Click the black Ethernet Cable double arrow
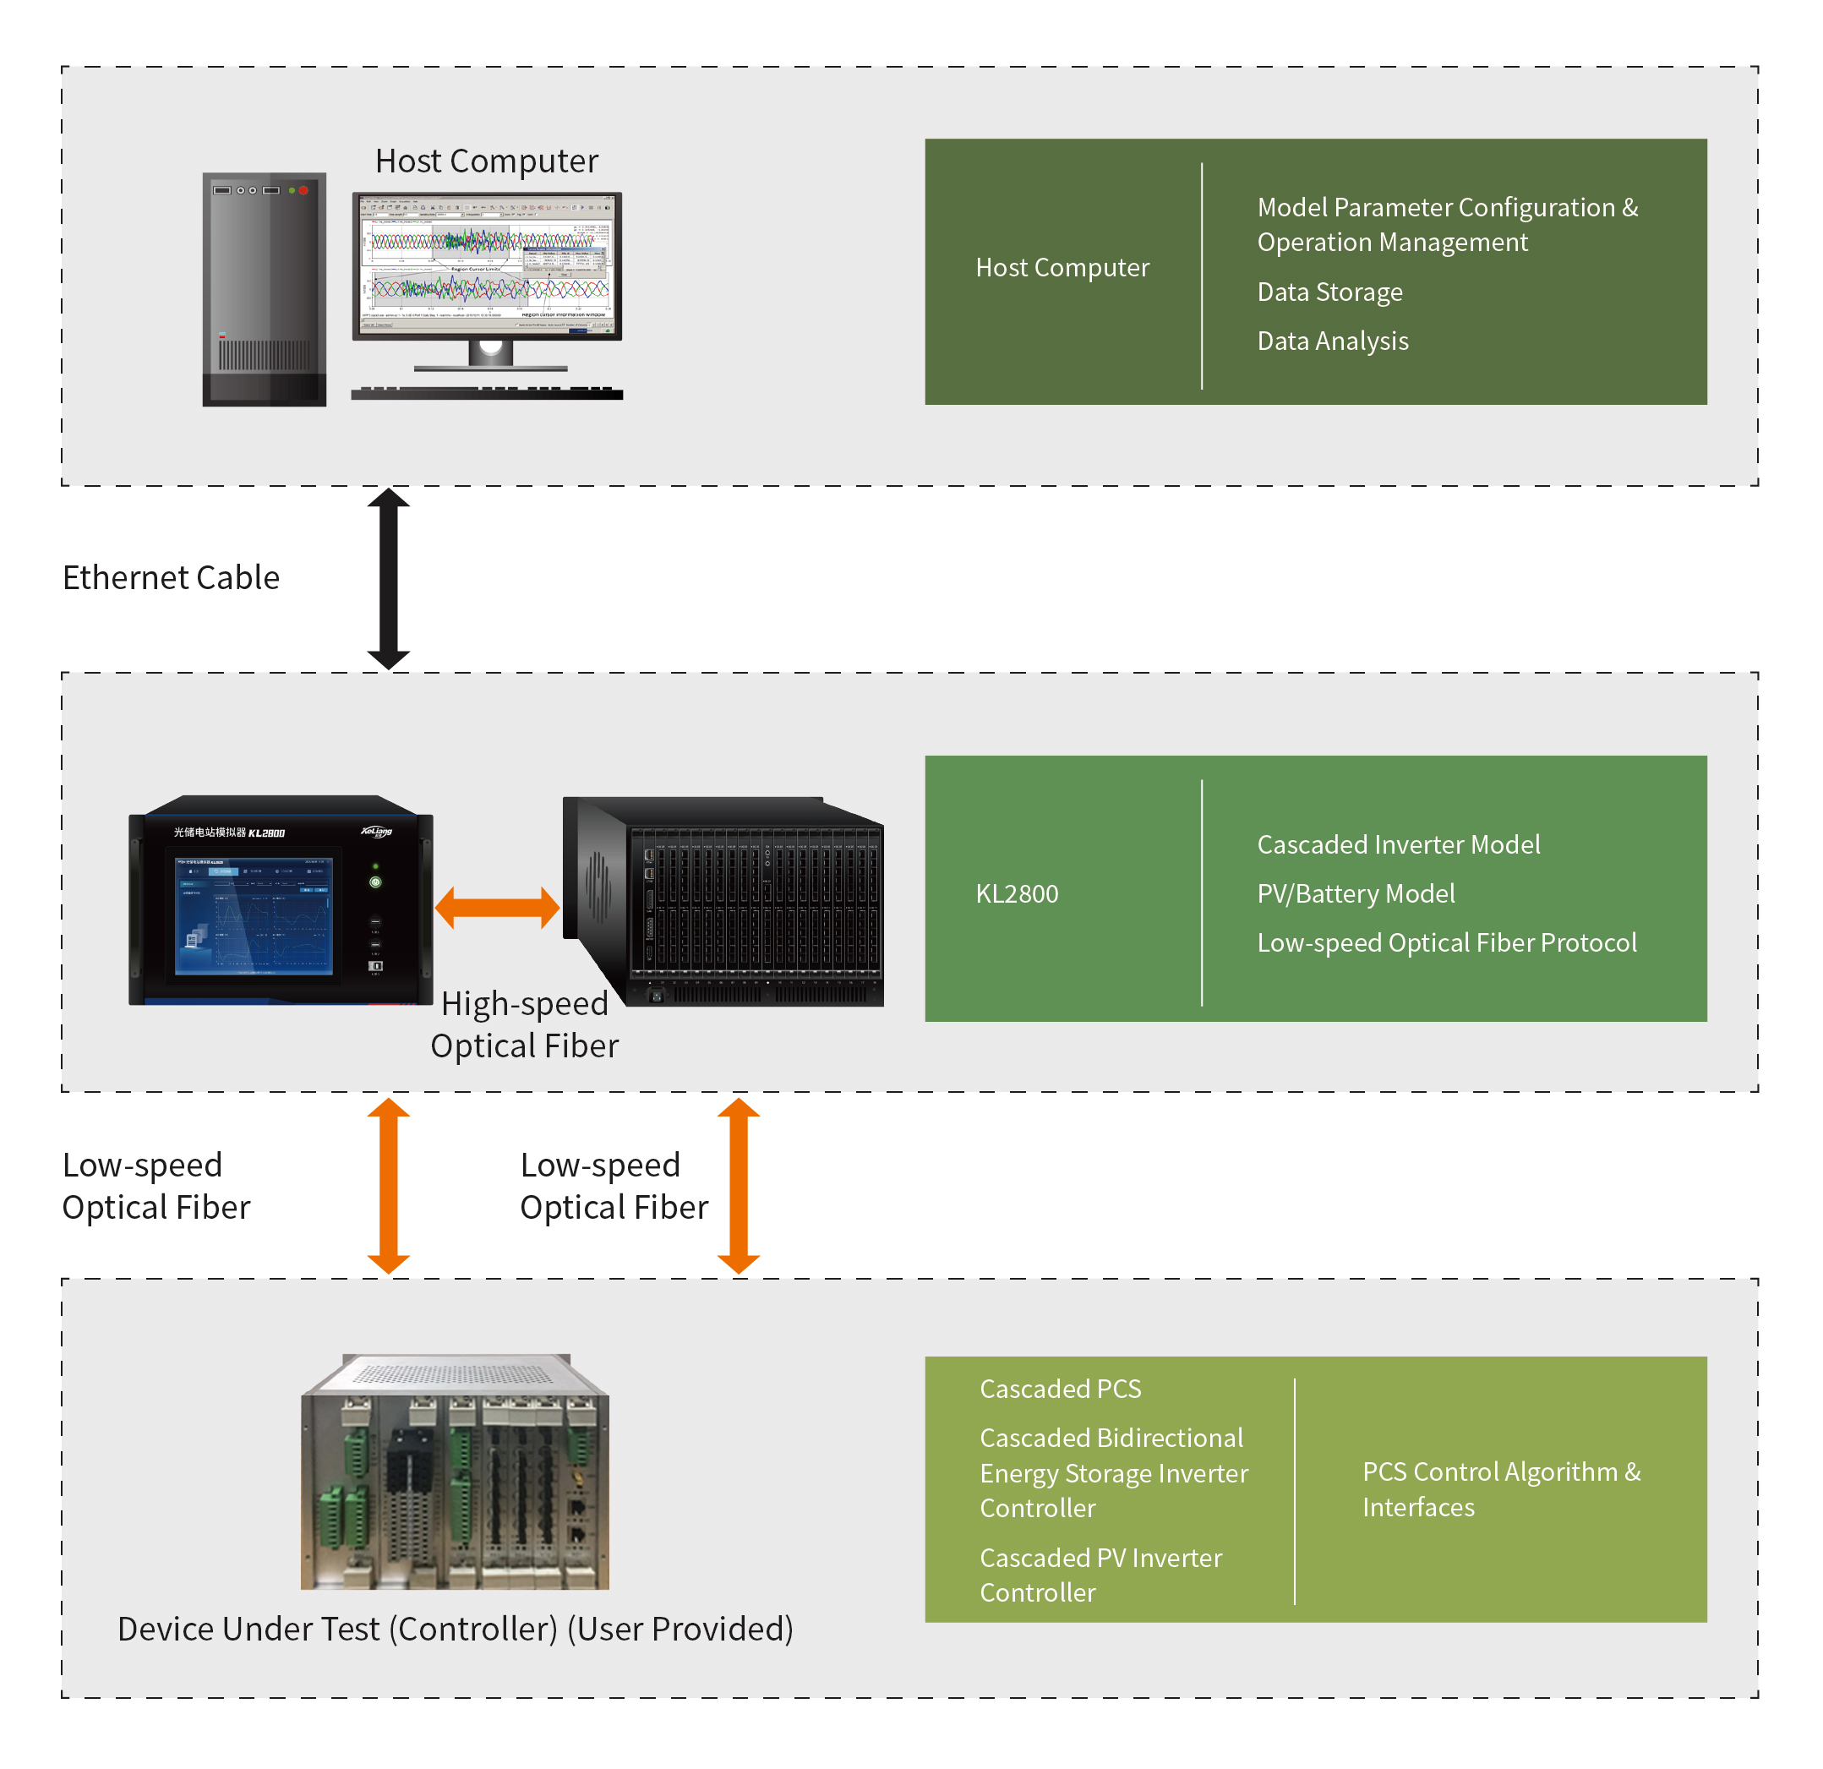(389, 578)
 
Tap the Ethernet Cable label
(171, 577)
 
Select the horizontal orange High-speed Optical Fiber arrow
(498, 908)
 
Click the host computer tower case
(265, 288)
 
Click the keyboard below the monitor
(487, 393)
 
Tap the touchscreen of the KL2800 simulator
(254, 915)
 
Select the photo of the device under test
(455, 1471)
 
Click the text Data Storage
(1329, 292)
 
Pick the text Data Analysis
(1332, 341)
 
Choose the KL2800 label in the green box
(1017, 894)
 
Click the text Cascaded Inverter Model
(1398, 844)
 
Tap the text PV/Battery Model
(1355, 894)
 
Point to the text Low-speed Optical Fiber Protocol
(1446, 943)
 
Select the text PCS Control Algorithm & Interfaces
(1500, 1489)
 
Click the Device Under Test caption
(455, 1630)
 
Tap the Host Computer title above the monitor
(487, 161)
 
